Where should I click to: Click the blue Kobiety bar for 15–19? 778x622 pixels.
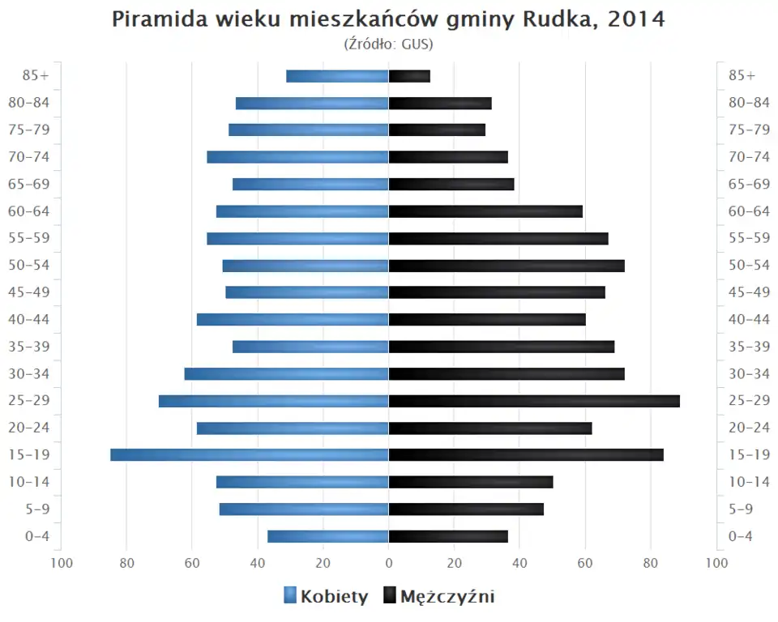click(250, 455)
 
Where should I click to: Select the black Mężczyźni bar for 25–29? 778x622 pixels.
click(534, 401)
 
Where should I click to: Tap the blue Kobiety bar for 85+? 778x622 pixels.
click(337, 76)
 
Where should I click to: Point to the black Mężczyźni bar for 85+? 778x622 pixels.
click(409, 76)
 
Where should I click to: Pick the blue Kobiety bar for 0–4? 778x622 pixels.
click(328, 536)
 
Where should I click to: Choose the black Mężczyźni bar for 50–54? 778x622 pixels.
click(507, 266)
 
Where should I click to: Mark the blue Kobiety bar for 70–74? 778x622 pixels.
click(297, 157)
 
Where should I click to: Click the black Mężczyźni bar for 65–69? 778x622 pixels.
click(451, 185)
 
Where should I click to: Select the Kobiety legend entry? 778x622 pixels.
click(326, 597)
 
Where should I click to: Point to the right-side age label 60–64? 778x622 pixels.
click(748, 211)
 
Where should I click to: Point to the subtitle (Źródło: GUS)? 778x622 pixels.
click(389, 44)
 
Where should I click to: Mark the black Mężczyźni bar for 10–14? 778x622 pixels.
click(471, 482)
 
